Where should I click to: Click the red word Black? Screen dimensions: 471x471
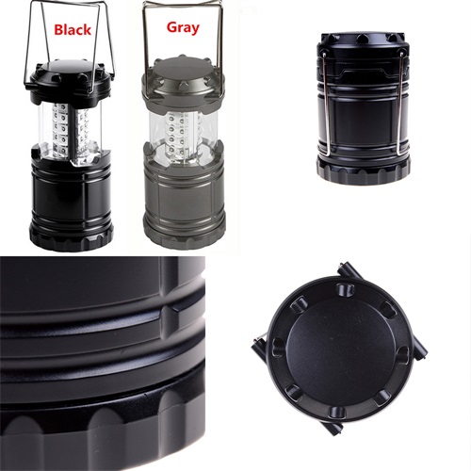click(73, 30)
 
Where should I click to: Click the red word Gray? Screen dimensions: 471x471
click(183, 27)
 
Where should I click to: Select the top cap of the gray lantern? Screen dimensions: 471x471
click(182, 81)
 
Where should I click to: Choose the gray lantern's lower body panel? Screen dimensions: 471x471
click(185, 198)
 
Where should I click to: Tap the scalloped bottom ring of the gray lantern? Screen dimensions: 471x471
click(185, 237)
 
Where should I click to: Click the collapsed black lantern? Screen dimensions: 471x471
click(364, 106)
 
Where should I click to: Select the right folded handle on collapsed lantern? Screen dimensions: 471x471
click(401, 104)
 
